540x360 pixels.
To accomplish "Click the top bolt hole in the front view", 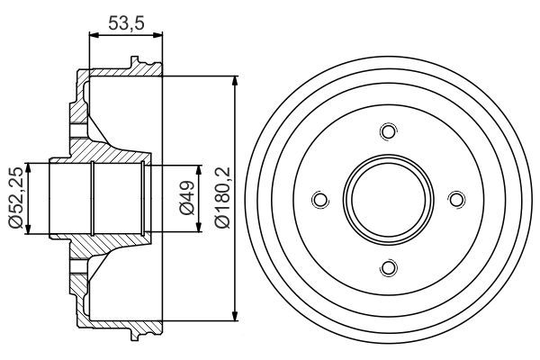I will [388, 132].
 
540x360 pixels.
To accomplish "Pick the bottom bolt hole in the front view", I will [388, 267].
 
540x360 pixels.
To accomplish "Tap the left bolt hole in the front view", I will [319, 200].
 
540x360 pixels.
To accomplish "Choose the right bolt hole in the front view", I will [455, 200].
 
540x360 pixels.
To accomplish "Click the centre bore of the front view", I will [388, 200].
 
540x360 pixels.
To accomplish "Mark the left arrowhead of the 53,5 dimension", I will [93, 34].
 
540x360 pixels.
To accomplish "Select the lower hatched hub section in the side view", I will [103, 252].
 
